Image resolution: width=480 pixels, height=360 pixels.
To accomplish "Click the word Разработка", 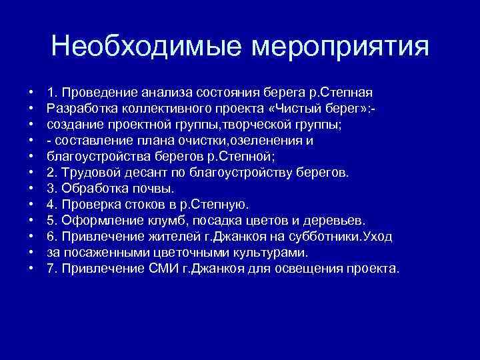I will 79,108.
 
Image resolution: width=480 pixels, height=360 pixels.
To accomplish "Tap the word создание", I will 73,124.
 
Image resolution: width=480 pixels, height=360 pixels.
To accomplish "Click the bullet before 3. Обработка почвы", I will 31,189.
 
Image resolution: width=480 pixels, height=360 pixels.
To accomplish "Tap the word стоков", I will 139,205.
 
